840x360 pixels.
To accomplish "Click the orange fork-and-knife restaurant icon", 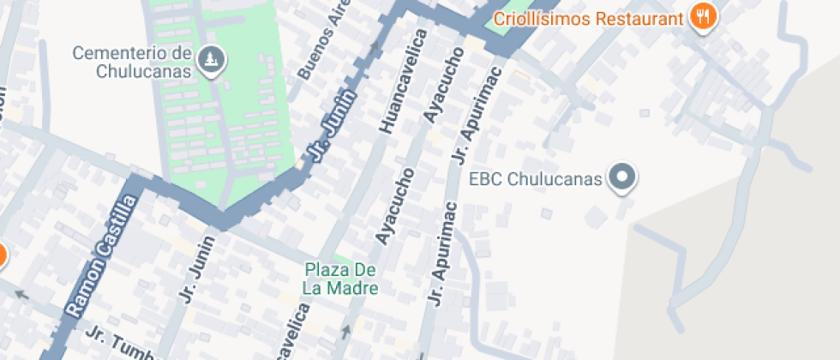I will pyautogui.click(x=703, y=15).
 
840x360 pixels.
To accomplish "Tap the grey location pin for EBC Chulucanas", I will pyautogui.click(x=623, y=178).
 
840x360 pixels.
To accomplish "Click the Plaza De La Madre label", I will pyautogui.click(x=340, y=279).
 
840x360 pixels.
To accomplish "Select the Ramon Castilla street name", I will pyautogui.click(x=102, y=255).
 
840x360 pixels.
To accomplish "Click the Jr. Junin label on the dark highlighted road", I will pyautogui.click(x=333, y=135).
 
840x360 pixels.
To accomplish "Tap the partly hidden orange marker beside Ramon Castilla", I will pyautogui.click(x=2, y=255).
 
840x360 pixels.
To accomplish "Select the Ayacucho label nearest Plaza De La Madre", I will pyautogui.click(x=395, y=206).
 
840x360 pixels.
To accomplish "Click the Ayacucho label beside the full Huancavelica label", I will pyautogui.click(x=442, y=84).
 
